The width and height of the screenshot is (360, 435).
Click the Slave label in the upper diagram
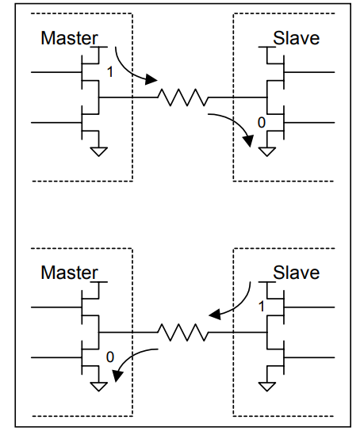click(x=296, y=37)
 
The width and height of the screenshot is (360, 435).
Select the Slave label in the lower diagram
click(x=296, y=273)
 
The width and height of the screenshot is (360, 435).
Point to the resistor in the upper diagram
click(x=182, y=98)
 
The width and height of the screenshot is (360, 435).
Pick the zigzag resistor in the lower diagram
click(x=182, y=333)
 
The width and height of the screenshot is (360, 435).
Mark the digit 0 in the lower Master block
click(x=109, y=357)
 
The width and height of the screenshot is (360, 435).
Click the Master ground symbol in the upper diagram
click(x=98, y=150)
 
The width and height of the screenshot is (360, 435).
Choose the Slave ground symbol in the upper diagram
click(x=267, y=150)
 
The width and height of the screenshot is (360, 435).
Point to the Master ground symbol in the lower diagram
click(x=98, y=385)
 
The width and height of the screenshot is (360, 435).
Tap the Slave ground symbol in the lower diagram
click(x=267, y=385)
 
